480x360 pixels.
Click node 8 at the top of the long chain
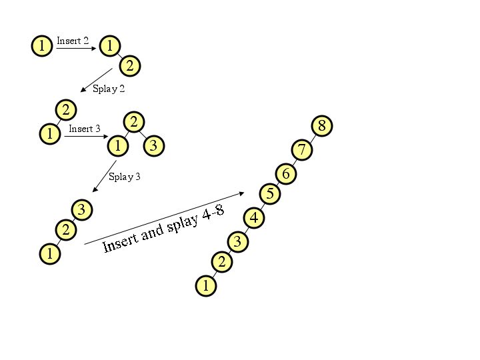pos(322,125)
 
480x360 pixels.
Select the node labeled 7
pos(302,150)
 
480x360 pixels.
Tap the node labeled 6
pos(286,174)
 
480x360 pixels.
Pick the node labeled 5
pos(270,194)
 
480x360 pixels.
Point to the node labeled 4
pos(254,217)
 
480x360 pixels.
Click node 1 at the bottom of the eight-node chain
pos(206,286)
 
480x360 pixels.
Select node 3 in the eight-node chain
pos(237,241)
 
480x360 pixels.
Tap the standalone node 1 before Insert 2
pos(42,46)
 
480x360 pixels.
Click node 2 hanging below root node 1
pos(130,65)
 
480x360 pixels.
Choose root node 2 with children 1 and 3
pos(134,121)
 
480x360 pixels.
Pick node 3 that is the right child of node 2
pos(154,145)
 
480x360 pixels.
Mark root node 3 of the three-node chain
pos(81,210)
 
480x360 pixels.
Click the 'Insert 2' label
pos(73,41)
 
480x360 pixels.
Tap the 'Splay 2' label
pos(109,89)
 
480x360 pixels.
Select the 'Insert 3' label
pos(85,129)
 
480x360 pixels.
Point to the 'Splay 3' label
pos(125,177)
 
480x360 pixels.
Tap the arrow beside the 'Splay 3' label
pos(105,175)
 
